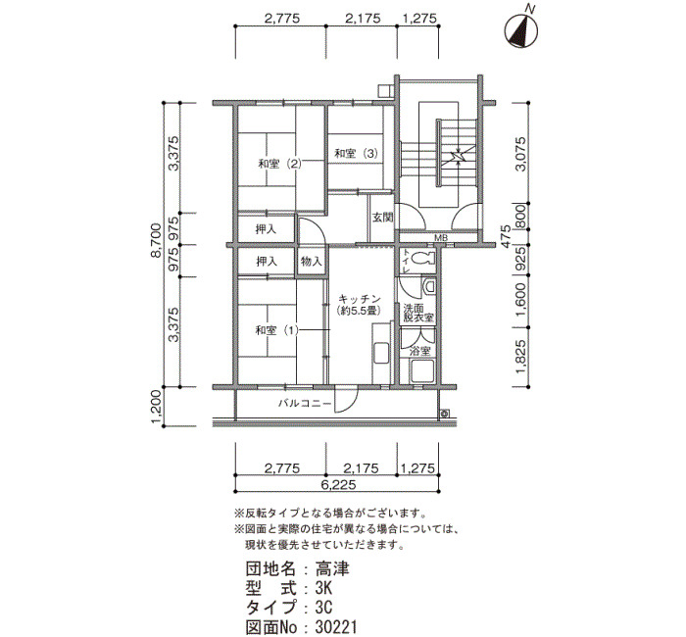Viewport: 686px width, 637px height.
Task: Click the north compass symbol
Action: [521, 30]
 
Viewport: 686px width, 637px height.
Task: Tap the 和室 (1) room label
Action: [276, 330]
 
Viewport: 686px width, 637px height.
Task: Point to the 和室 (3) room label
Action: [356, 153]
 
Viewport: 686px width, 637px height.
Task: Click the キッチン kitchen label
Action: [360, 299]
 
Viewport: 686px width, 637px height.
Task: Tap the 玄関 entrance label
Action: [383, 217]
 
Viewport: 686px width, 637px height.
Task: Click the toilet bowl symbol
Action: [424, 258]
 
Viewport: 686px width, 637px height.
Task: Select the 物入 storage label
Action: [312, 262]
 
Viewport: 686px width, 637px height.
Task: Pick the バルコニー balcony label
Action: [305, 403]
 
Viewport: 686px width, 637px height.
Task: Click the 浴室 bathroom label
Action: [420, 351]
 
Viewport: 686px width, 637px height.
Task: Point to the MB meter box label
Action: [440, 238]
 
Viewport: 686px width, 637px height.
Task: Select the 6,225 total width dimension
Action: [338, 485]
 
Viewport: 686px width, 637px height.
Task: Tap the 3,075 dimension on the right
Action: [520, 154]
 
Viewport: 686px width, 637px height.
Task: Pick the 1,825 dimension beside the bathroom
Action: [520, 356]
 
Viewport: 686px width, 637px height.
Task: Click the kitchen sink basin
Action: [381, 353]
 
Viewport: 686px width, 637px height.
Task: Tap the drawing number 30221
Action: [336, 627]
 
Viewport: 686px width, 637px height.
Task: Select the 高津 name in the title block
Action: [332, 568]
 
